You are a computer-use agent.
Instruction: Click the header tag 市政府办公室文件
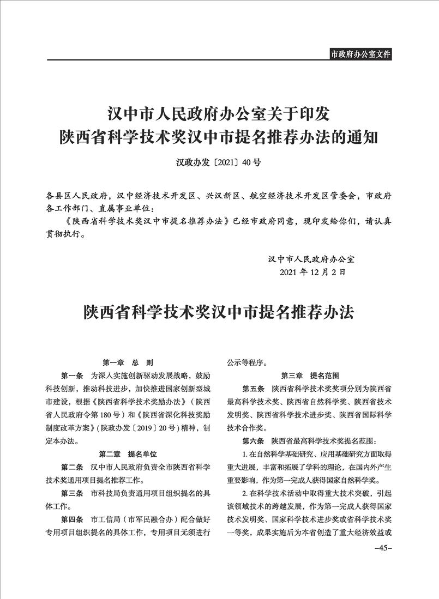pos(360,54)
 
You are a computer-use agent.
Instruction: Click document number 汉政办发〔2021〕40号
pos(218,162)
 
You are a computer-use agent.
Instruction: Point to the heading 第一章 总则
pos(128,362)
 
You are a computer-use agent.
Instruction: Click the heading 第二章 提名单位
pos(128,453)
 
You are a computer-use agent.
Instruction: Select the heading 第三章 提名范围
pos(310,376)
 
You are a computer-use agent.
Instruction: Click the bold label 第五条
pos(253,389)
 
